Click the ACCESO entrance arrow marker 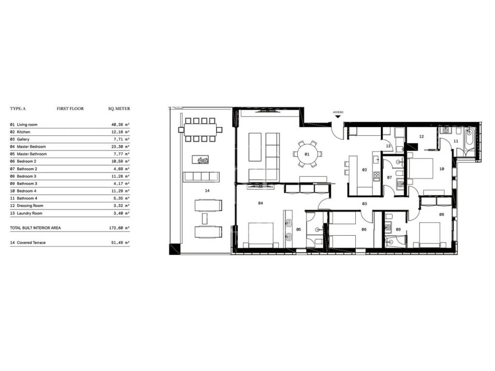coord(338,116)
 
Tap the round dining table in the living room coord(307,154)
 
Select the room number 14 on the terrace coord(207,190)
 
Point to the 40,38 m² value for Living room coord(119,125)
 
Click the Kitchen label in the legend coord(23,132)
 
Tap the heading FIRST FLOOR coord(70,109)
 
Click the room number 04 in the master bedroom coord(261,203)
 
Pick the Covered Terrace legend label coord(31,243)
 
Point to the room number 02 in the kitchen coord(364,170)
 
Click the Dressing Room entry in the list coord(30,206)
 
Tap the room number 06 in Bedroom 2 coord(364,229)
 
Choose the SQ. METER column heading coord(119,109)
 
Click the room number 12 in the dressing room coord(422,137)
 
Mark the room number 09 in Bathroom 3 coord(398,229)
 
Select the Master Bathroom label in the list coord(31,154)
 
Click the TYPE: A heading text coord(18,109)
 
